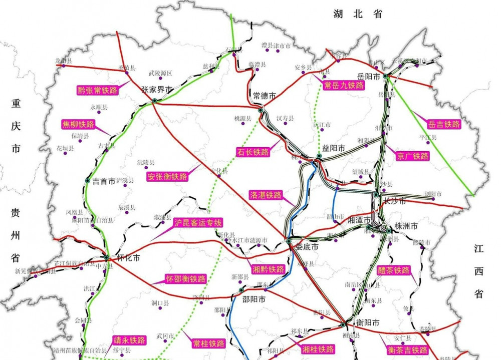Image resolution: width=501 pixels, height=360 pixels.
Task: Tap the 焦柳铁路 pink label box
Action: pyautogui.click(x=78, y=124)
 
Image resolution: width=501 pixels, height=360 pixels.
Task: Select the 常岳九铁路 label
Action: pyautogui.click(x=343, y=85)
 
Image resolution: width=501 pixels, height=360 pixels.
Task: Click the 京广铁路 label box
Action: pyautogui.click(x=413, y=156)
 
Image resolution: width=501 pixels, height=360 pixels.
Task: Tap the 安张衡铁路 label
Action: pyautogui.click(x=167, y=177)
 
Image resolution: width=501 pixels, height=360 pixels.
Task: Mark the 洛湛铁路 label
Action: pyautogui.click(x=266, y=195)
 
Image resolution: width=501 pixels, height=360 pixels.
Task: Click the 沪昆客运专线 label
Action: pyautogui.click(x=198, y=223)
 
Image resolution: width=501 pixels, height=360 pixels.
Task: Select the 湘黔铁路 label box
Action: pyautogui.click(x=269, y=269)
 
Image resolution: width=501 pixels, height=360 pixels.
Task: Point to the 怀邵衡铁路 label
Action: pyautogui.click(x=186, y=279)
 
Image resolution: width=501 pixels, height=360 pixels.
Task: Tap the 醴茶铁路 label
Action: pyautogui.click(x=394, y=271)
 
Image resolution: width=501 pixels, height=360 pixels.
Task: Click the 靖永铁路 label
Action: pyautogui.click(x=129, y=340)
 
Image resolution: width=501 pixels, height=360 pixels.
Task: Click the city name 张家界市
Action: pyautogui.click(x=157, y=90)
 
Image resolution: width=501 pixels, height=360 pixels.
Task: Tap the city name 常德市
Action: pyautogui.click(x=265, y=96)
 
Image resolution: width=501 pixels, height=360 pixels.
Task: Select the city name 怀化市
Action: pyautogui.click(x=128, y=258)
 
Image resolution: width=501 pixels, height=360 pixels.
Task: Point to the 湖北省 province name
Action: pyautogui.click(x=358, y=15)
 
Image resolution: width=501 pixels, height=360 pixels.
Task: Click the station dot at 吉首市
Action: pyautogui.click(x=88, y=180)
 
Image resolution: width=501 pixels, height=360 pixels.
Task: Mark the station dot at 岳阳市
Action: pyautogui.click(x=385, y=76)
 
